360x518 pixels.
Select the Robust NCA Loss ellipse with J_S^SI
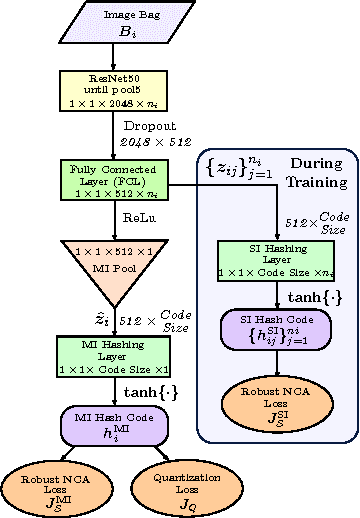tap(275, 401)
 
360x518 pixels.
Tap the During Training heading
tap(315, 172)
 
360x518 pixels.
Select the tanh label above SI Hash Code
tap(309, 298)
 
